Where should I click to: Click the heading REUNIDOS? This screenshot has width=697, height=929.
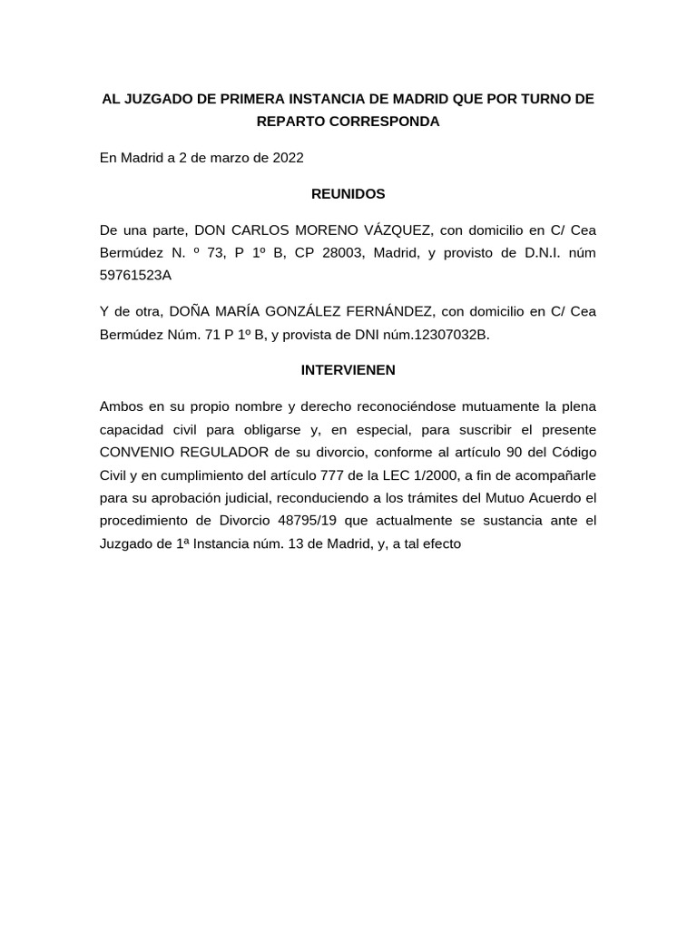coord(348,194)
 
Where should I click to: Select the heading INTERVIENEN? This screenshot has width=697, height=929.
coord(348,370)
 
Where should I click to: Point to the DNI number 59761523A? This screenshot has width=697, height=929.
coord(135,275)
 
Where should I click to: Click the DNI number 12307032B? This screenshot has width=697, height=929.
coord(451,334)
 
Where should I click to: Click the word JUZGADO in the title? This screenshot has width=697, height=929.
coord(156,99)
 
